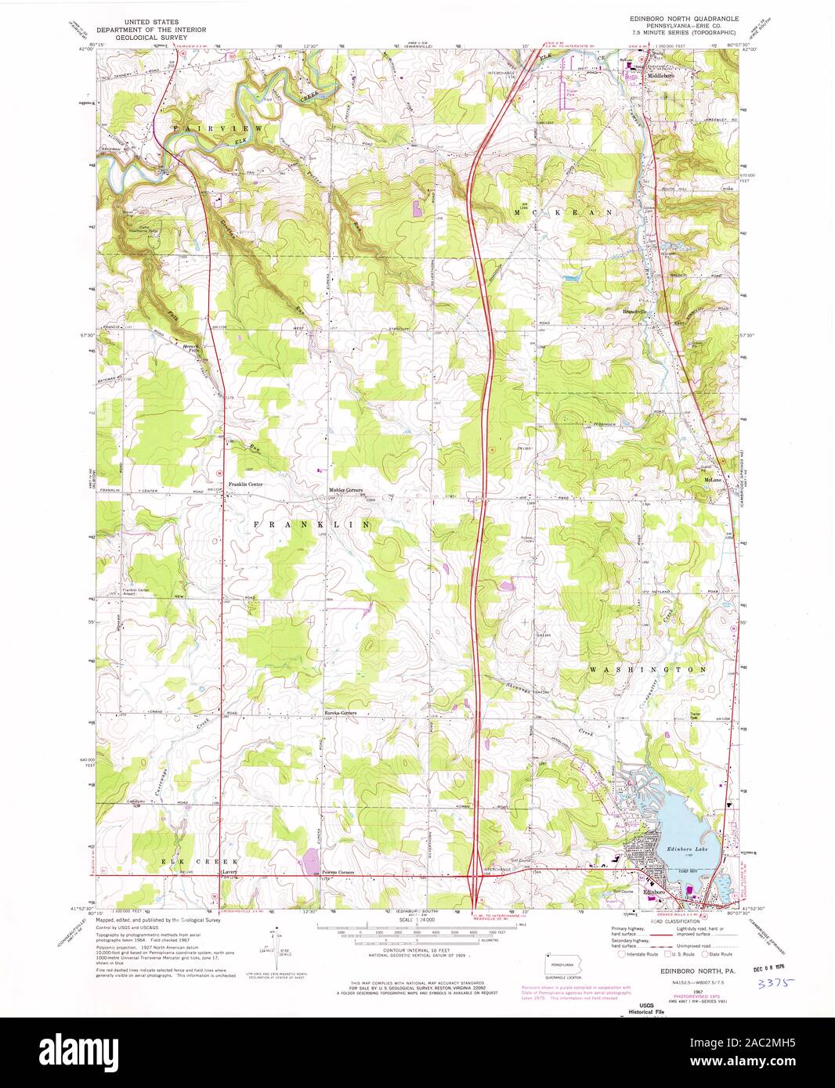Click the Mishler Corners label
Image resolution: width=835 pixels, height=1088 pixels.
345,491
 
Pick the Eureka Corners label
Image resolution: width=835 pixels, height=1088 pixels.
341,713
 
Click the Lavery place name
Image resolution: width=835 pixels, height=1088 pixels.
229,871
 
